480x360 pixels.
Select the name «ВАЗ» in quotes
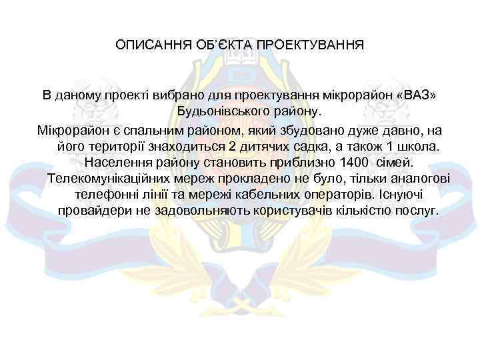416,94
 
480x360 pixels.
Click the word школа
419,145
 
